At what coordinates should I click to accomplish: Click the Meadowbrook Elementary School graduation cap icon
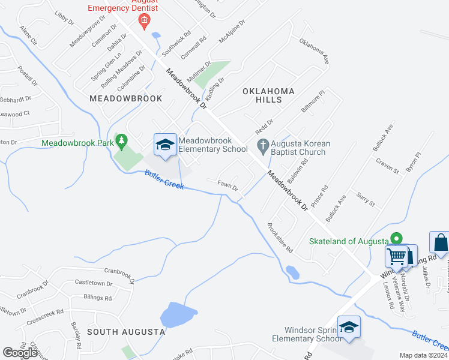165,145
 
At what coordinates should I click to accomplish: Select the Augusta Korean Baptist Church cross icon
262,145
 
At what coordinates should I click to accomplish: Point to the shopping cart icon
396,257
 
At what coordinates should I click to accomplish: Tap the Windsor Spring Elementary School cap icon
349,328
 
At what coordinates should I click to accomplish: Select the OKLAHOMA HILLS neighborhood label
269,96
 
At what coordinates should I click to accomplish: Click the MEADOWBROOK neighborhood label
117,98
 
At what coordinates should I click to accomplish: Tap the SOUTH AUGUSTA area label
126,331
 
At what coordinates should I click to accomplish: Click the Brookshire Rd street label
280,237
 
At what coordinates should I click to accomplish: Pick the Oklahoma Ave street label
315,53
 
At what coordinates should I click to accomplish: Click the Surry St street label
365,199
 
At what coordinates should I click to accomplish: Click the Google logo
20,353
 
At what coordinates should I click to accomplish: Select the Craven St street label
387,166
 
